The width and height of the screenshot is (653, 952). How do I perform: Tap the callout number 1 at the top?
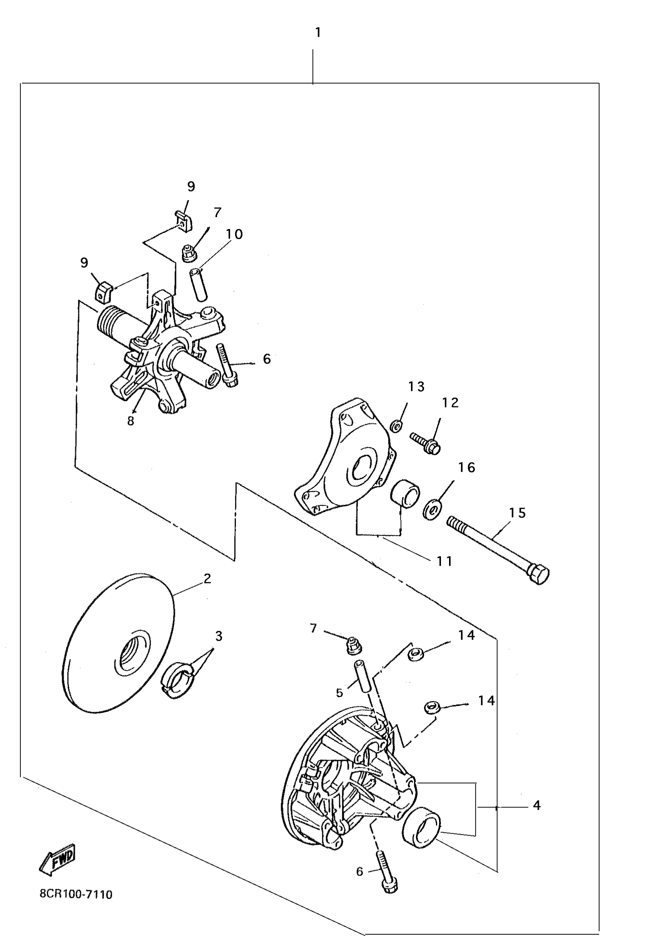318,33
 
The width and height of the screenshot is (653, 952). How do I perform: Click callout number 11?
444,561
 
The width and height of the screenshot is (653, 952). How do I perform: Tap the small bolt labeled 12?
426,443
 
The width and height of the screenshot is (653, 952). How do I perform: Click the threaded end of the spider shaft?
108,321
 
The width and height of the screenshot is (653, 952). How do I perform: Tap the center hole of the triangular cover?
361,467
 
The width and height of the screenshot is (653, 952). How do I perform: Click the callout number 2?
207,578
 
